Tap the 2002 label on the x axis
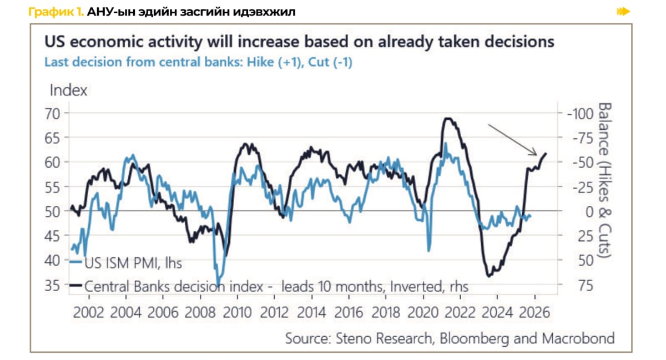pos(89,312)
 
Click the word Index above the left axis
pos(68,90)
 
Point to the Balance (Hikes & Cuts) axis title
pos(604,180)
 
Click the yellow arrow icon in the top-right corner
pos(624,11)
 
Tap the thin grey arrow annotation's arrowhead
pos(536,155)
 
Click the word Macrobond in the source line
pos(583,337)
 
